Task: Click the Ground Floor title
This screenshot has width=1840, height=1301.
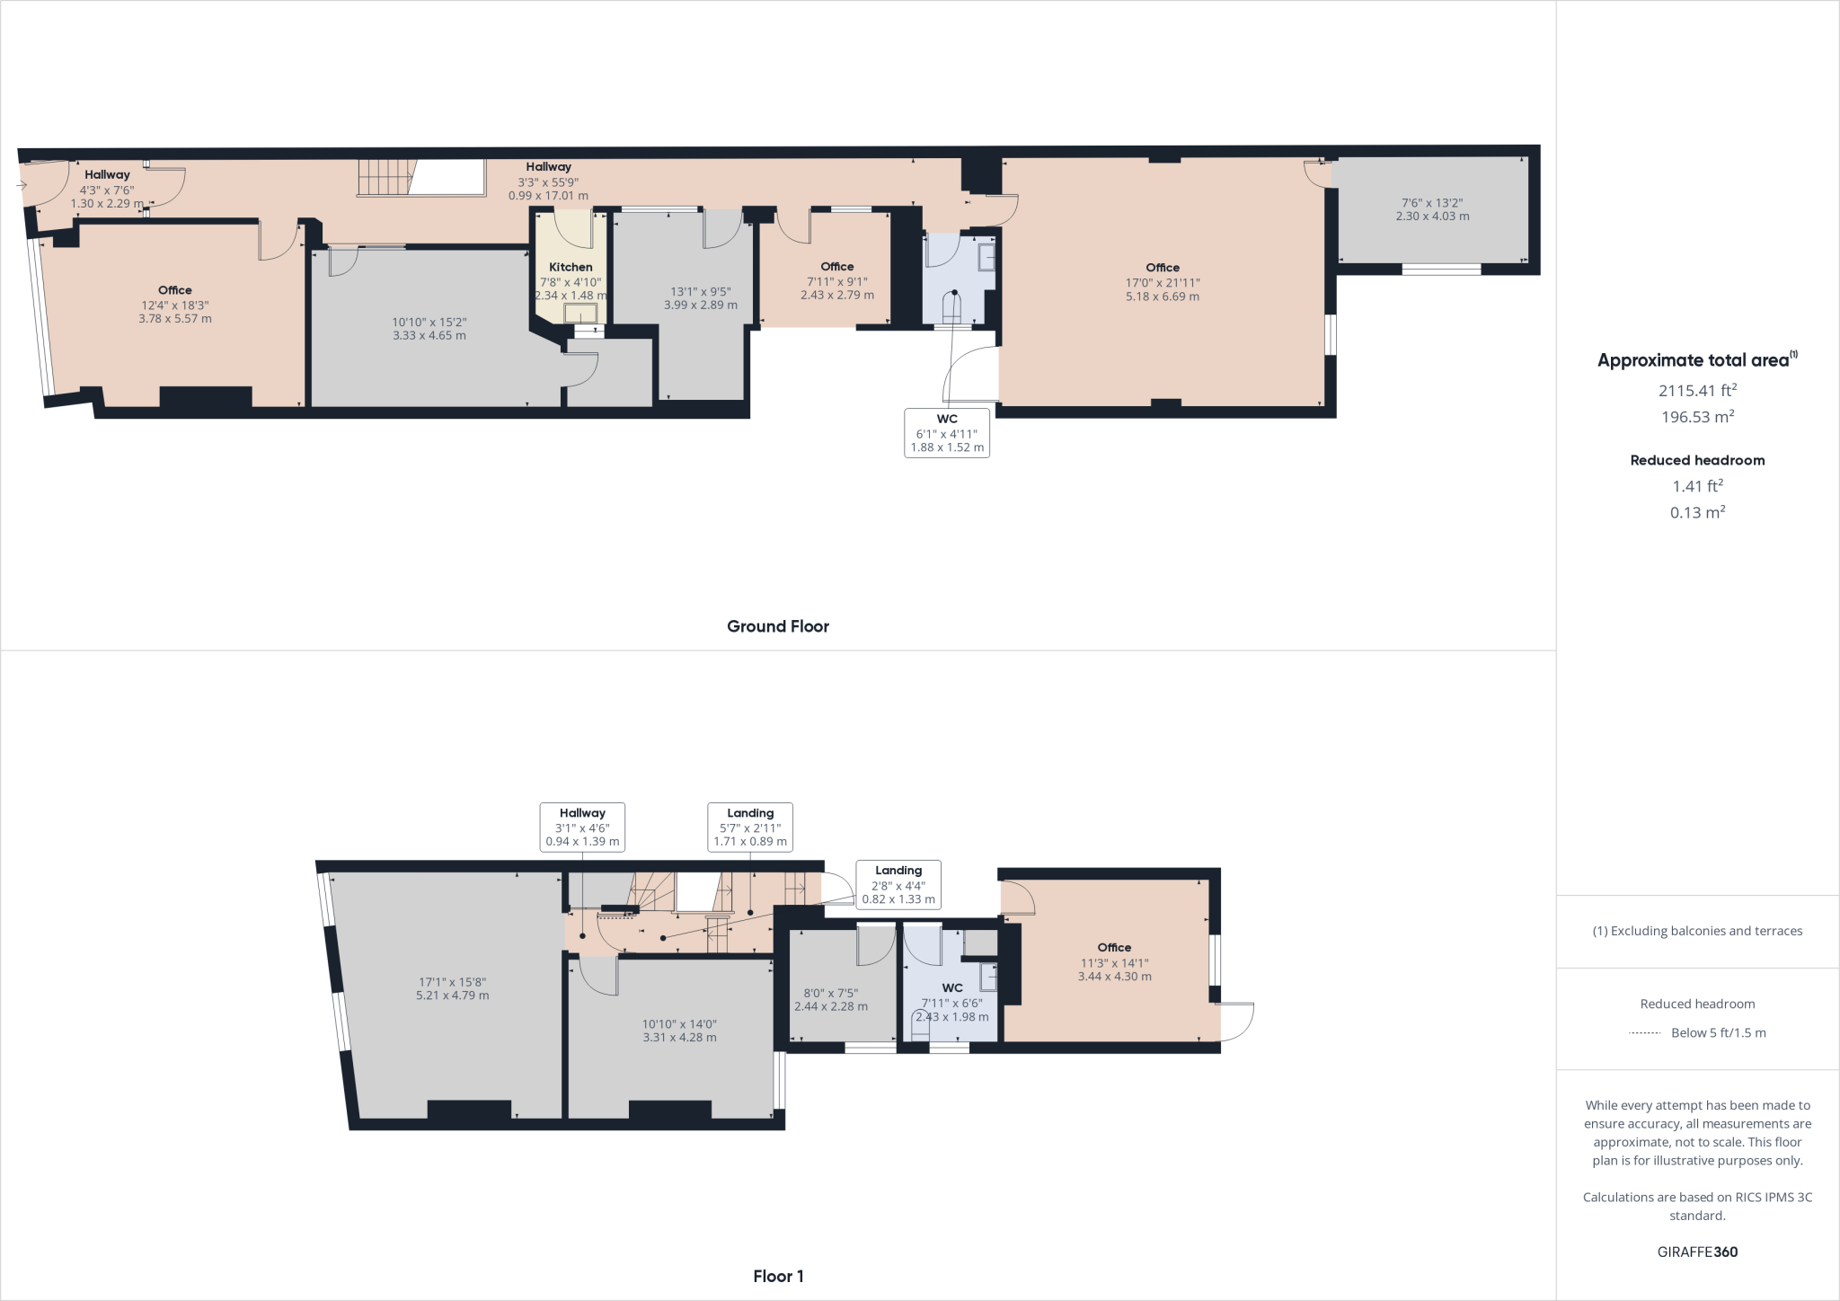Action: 777,626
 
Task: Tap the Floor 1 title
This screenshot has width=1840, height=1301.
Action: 778,1276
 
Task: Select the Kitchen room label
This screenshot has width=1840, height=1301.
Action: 571,267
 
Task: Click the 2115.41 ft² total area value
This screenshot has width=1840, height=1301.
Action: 1696,390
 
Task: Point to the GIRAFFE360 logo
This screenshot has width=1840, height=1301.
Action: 1696,1252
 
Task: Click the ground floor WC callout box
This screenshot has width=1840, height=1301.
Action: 947,433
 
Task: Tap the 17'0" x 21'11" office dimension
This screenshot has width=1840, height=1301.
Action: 1162,282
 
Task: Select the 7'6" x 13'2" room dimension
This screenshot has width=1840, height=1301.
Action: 1432,203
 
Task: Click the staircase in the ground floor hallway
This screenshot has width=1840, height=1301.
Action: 387,178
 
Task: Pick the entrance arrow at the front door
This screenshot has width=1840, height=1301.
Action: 22,186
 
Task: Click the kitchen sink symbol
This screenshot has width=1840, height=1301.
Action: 580,313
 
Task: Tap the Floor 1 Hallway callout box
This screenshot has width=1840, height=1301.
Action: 582,827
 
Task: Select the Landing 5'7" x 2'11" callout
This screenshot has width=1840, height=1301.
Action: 750,827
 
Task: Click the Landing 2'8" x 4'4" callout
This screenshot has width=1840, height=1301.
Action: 898,884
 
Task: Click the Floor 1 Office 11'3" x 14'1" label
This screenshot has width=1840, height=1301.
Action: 1114,961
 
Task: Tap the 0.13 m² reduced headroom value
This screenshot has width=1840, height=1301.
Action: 1696,512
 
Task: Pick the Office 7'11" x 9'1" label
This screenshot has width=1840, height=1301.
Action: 836,280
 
